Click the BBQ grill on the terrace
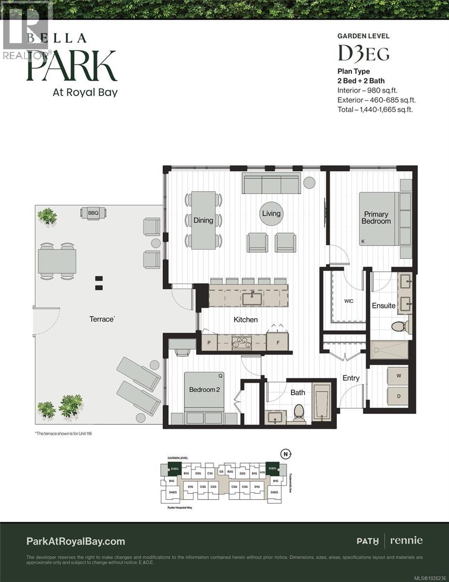tap(93, 212)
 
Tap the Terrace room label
tap(102, 319)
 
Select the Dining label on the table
tap(203, 220)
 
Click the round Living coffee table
tap(271, 213)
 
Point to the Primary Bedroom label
tap(376, 218)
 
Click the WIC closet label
tap(348, 301)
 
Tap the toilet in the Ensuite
tap(400, 326)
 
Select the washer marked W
tap(399, 375)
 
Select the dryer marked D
tap(399, 396)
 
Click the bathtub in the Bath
tap(321, 402)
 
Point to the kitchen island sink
tap(252, 299)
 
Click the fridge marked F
tap(278, 342)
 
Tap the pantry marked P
tap(209, 342)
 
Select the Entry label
tap(351, 378)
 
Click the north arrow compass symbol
tap(287, 454)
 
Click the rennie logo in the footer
tap(406, 540)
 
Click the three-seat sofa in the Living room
tap(271, 184)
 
